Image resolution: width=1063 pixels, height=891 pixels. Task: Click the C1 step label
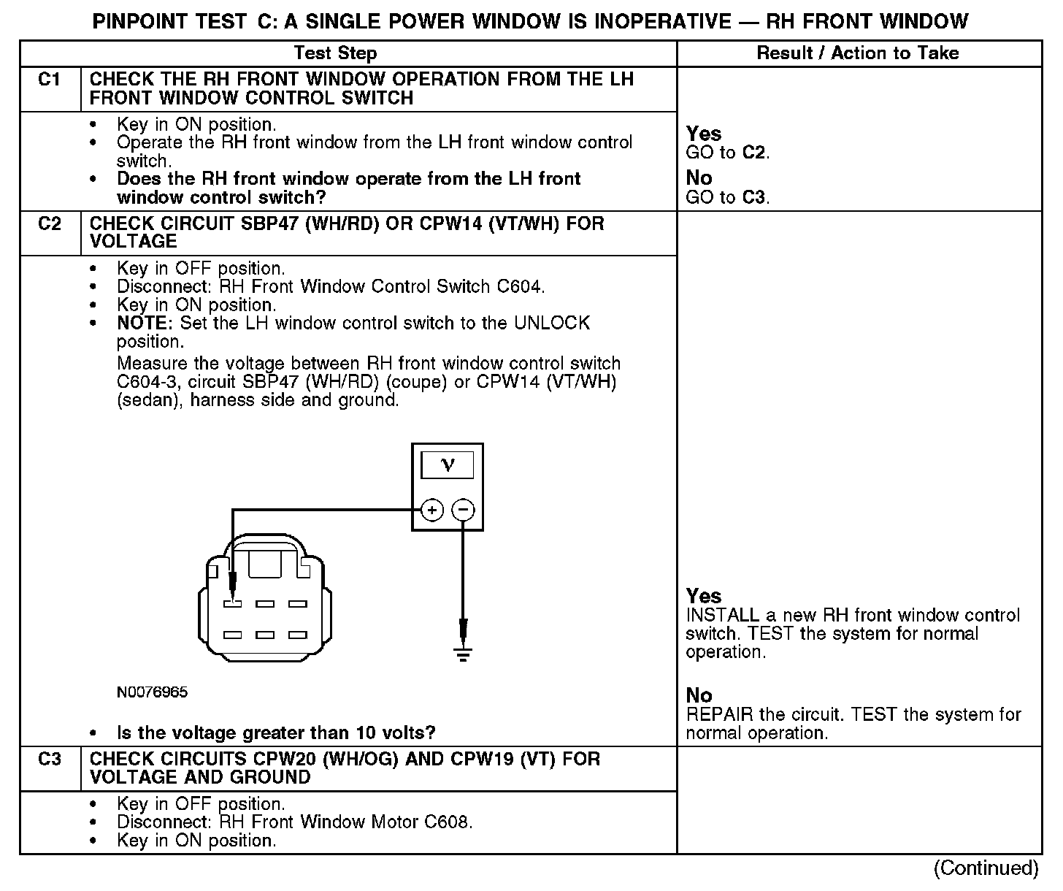click(x=49, y=80)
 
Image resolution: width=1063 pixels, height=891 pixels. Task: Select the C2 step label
click(x=49, y=223)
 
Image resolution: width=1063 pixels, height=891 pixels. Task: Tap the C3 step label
click(x=49, y=760)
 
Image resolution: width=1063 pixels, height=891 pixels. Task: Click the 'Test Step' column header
click(x=335, y=53)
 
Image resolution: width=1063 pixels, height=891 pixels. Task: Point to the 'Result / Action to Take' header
click(x=858, y=53)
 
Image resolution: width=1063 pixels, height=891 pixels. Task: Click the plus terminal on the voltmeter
click(x=432, y=510)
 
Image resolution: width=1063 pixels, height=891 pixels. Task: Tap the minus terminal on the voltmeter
click(x=463, y=510)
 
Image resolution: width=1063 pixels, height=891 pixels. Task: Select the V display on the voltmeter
click(x=448, y=465)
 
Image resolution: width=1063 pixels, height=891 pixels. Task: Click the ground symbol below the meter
click(x=463, y=652)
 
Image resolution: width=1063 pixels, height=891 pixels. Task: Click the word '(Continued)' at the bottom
click(x=986, y=868)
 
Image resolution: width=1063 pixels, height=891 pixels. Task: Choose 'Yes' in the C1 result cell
click(x=704, y=134)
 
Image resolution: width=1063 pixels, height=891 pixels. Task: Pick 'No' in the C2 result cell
click(x=699, y=695)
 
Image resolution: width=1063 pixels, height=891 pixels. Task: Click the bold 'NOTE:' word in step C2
click(x=146, y=324)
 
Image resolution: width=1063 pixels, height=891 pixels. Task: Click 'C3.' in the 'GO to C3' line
click(x=756, y=197)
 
